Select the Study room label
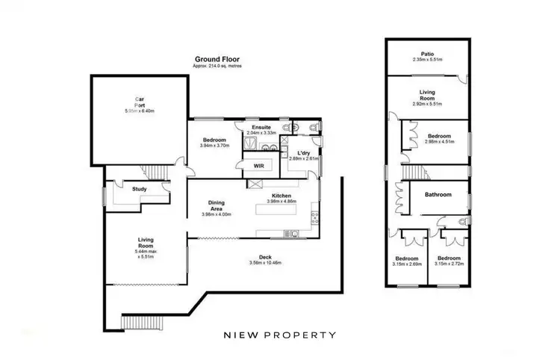click(x=139, y=189)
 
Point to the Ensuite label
click(x=261, y=127)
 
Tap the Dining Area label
click(x=217, y=205)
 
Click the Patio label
click(x=428, y=54)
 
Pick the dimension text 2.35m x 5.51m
click(x=428, y=60)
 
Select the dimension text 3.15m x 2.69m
click(x=408, y=264)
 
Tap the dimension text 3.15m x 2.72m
click(x=450, y=264)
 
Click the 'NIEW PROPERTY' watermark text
click(x=280, y=335)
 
